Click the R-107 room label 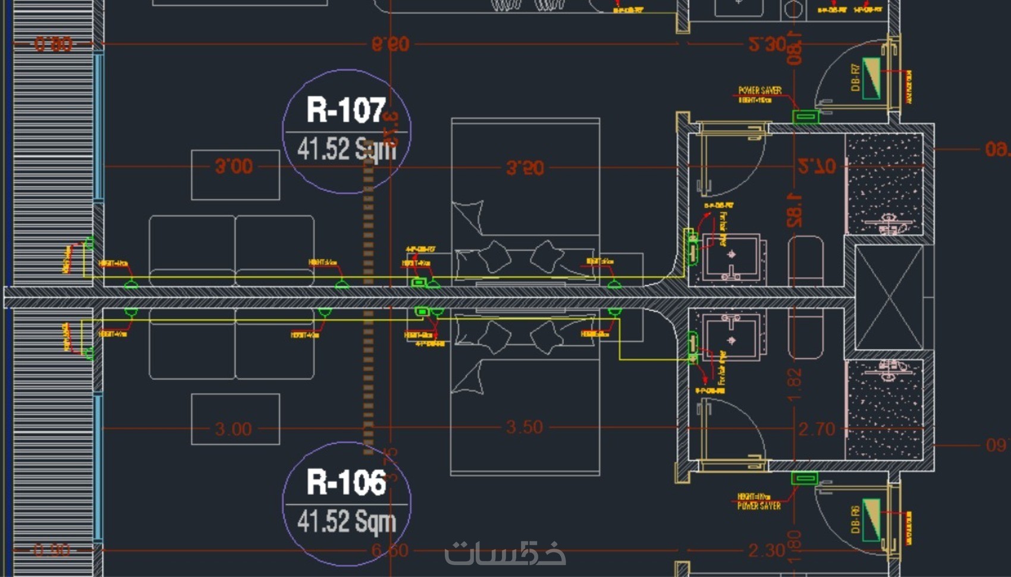click(346, 110)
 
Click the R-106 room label click(346, 482)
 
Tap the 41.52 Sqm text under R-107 click(346, 149)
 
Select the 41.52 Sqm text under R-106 click(346, 521)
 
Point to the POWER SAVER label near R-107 click(759, 90)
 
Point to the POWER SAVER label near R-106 click(759, 506)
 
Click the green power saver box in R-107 click(806, 116)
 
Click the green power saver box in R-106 click(805, 478)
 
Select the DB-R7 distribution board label click(855, 78)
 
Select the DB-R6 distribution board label click(855, 520)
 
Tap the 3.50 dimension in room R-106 click(524, 427)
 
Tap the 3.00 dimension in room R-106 click(233, 429)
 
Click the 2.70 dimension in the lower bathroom click(817, 429)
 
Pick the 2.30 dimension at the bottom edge click(767, 551)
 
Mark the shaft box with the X click(888, 297)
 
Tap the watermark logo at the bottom click(505, 554)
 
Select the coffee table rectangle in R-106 click(235, 419)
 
